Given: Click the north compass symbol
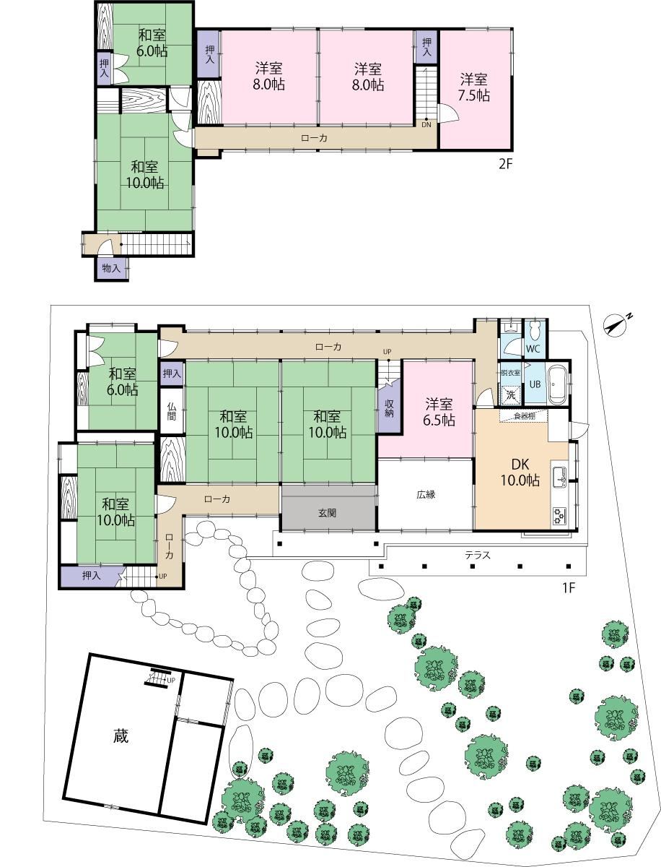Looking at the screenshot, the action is (615, 327).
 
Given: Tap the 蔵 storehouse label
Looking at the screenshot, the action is (121, 736).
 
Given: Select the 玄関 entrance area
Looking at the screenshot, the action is (328, 513).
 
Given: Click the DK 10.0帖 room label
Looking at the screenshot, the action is (520, 473).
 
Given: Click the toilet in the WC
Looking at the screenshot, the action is (535, 330).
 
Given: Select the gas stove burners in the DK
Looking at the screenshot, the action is (559, 515).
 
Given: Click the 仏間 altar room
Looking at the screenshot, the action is (172, 411).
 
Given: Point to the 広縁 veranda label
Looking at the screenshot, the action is (426, 494).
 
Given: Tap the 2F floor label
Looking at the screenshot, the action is (505, 163).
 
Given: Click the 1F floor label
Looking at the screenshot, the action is (569, 588).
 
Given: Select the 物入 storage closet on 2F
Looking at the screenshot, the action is (111, 269).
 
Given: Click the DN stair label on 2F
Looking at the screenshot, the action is (426, 125).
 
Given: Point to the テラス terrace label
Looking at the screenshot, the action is (478, 556).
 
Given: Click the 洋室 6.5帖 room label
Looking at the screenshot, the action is (439, 412).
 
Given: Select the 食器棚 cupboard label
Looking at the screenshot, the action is (524, 416).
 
